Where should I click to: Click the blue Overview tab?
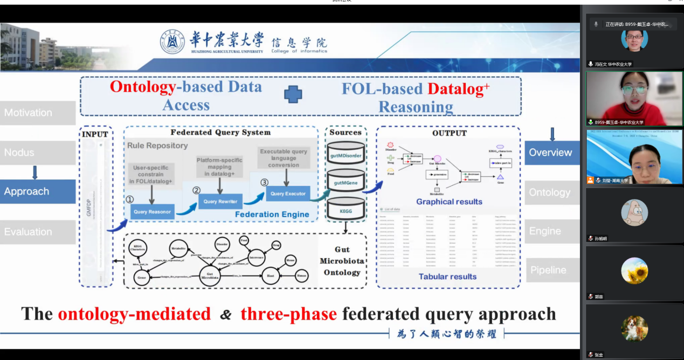(x=551, y=153)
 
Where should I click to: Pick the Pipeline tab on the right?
(x=551, y=270)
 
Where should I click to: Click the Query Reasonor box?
(x=153, y=212)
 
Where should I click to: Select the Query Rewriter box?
(x=220, y=202)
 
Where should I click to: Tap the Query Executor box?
(x=288, y=193)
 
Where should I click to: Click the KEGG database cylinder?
(x=346, y=209)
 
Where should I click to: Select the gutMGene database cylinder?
(x=346, y=182)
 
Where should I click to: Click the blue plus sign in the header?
(x=293, y=95)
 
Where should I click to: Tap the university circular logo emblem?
(x=172, y=42)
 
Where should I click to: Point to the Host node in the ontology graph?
(x=271, y=275)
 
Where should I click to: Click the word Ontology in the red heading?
(x=143, y=87)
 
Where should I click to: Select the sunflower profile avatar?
(x=634, y=271)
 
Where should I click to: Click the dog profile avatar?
(x=634, y=329)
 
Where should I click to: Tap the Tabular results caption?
(x=447, y=276)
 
